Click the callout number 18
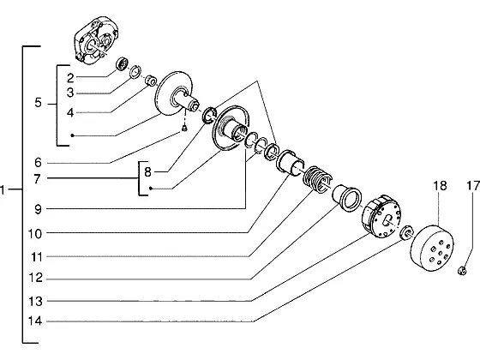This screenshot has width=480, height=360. (x=440, y=186)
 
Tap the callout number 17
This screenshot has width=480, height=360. (x=473, y=186)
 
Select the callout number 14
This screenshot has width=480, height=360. (x=35, y=321)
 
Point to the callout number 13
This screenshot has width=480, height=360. (x=35, y=301)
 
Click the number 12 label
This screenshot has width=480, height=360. (x=35, y=278)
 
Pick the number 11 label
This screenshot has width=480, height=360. (x=36, y=257)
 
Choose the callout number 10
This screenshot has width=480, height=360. (x=35, y=234)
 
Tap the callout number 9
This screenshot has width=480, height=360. (x=38, y=210)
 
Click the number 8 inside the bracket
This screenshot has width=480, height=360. (x=147, y=172)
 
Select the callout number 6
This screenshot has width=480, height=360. (x=38, y=163)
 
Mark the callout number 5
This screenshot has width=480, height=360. (x=38, y=103)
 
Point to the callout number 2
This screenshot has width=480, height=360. (x=70, y=78)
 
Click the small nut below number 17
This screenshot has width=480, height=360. (x=462, y=270)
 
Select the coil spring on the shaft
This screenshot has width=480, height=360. (x=317, y=180)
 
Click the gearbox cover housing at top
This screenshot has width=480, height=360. (x=96, y=40)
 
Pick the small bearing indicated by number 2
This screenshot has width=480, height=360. (x=123, y=63)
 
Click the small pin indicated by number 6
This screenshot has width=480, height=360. (x=184, y=129)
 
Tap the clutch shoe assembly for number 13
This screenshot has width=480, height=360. (x=381, y=217)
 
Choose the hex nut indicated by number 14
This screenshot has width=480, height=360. (x=407, y=232)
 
